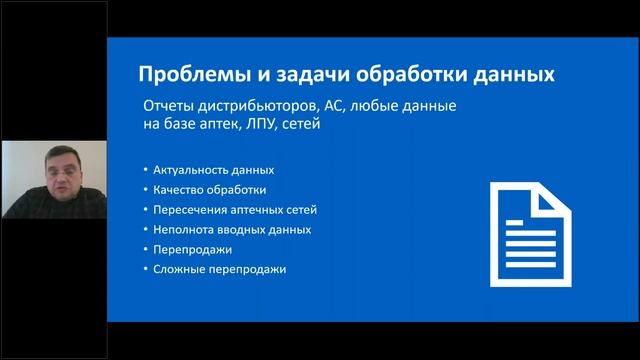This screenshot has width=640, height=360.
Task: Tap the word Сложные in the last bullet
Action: [180, 269]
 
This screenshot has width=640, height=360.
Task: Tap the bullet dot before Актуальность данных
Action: [146, 170]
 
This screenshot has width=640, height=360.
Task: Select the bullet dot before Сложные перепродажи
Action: [146, 269]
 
